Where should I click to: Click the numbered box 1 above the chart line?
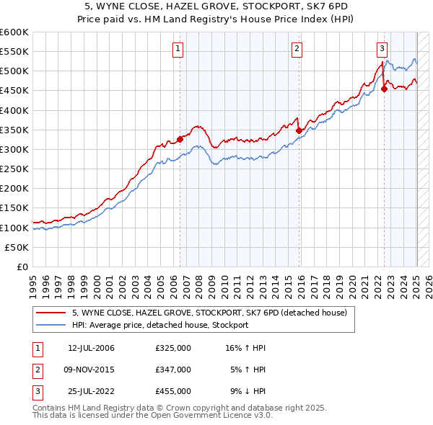178,49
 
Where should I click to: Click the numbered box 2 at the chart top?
297,49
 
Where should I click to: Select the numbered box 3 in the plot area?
382,49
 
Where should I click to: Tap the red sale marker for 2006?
180,140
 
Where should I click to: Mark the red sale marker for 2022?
384,89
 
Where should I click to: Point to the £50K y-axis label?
17,247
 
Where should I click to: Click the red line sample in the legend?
50,313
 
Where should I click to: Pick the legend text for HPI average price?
160,325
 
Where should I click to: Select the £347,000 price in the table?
173,370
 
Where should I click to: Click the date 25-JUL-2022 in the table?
91,391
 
